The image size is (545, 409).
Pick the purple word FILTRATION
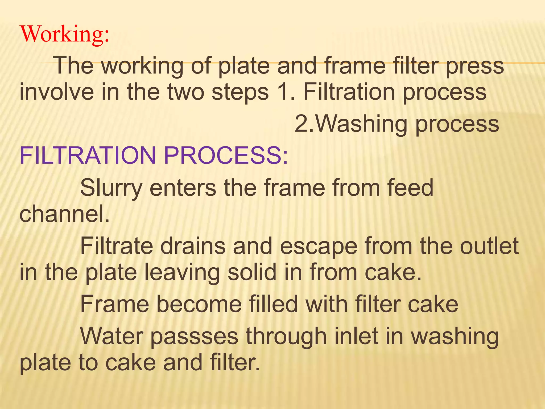pyautogui.click(x=88, y=156)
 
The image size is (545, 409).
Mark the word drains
pyautogui.click(x=193, y=246)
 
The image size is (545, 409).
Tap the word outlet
pyautogui.click(x=489, y=246)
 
